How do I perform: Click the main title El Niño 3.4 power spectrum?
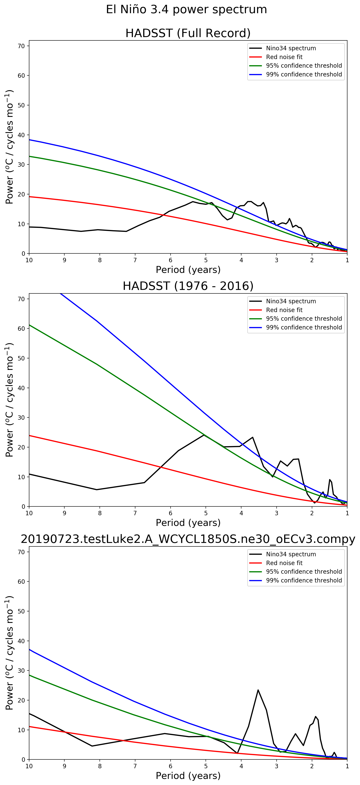[186, 9]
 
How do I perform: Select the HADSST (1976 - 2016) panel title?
[188, 286]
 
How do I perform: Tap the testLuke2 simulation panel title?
[188, 539]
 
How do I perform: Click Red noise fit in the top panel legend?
[284, 57]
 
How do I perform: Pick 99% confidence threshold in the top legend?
[304, 74]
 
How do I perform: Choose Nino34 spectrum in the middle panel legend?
[291, 301]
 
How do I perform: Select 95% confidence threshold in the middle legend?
[304, 318]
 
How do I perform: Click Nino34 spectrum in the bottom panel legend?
[291, 554]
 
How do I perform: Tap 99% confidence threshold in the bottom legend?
[304, 580]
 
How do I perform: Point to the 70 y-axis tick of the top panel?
[21, 46]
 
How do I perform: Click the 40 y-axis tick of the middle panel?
[21, 388]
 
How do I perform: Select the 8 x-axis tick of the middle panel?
[100, 513]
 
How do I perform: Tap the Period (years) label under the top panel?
[188, 270]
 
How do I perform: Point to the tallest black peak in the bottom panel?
[258, 690]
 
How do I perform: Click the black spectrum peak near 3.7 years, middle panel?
[252, 437]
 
